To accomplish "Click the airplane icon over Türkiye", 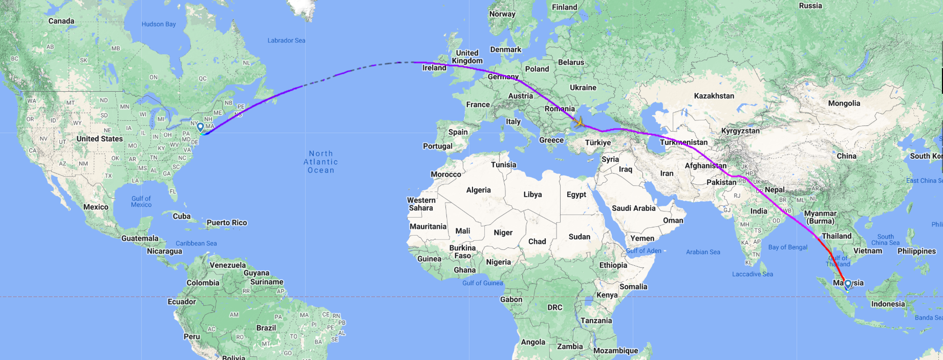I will tap(579, 122).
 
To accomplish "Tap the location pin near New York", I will tap(200, 127).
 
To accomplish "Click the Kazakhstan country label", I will tap(714, 96).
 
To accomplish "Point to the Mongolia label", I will tap(844, 103).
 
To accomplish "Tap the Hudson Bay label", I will tap(159, 24).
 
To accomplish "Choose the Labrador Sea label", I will tap(286, 40).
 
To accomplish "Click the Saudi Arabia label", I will tap(633, 208).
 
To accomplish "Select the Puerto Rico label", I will tap(227, 223).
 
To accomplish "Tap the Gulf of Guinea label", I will tap(482, 283).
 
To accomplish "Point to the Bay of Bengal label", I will tap(787, 247).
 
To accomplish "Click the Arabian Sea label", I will tap(703, 252).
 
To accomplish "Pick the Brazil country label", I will tap(266, 328).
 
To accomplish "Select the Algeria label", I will tap(478, 190).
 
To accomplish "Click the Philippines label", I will tap(916, 251).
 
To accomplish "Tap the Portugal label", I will tap(438, 146).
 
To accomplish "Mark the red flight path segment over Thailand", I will tap(826, 249).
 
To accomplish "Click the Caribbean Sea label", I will tap(196, 243).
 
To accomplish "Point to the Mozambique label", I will tap(615, 351).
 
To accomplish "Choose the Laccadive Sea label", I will tap(752, 274).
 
